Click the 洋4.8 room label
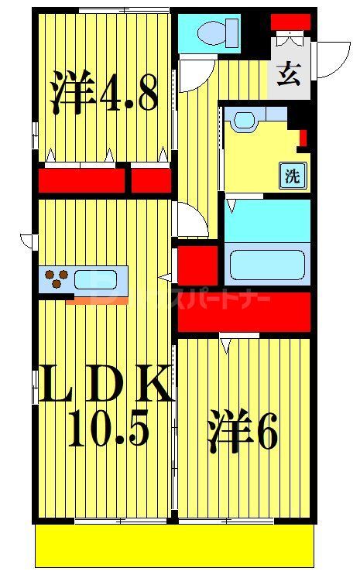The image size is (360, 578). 105,92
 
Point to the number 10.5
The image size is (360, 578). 108,430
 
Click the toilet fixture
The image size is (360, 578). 212,32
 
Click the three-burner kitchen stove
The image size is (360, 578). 55,278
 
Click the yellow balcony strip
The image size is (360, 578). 175,546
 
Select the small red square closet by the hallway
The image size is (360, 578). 197,264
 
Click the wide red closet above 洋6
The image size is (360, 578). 245,311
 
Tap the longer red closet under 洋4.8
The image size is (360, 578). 81,180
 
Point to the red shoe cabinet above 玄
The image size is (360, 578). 291,22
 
